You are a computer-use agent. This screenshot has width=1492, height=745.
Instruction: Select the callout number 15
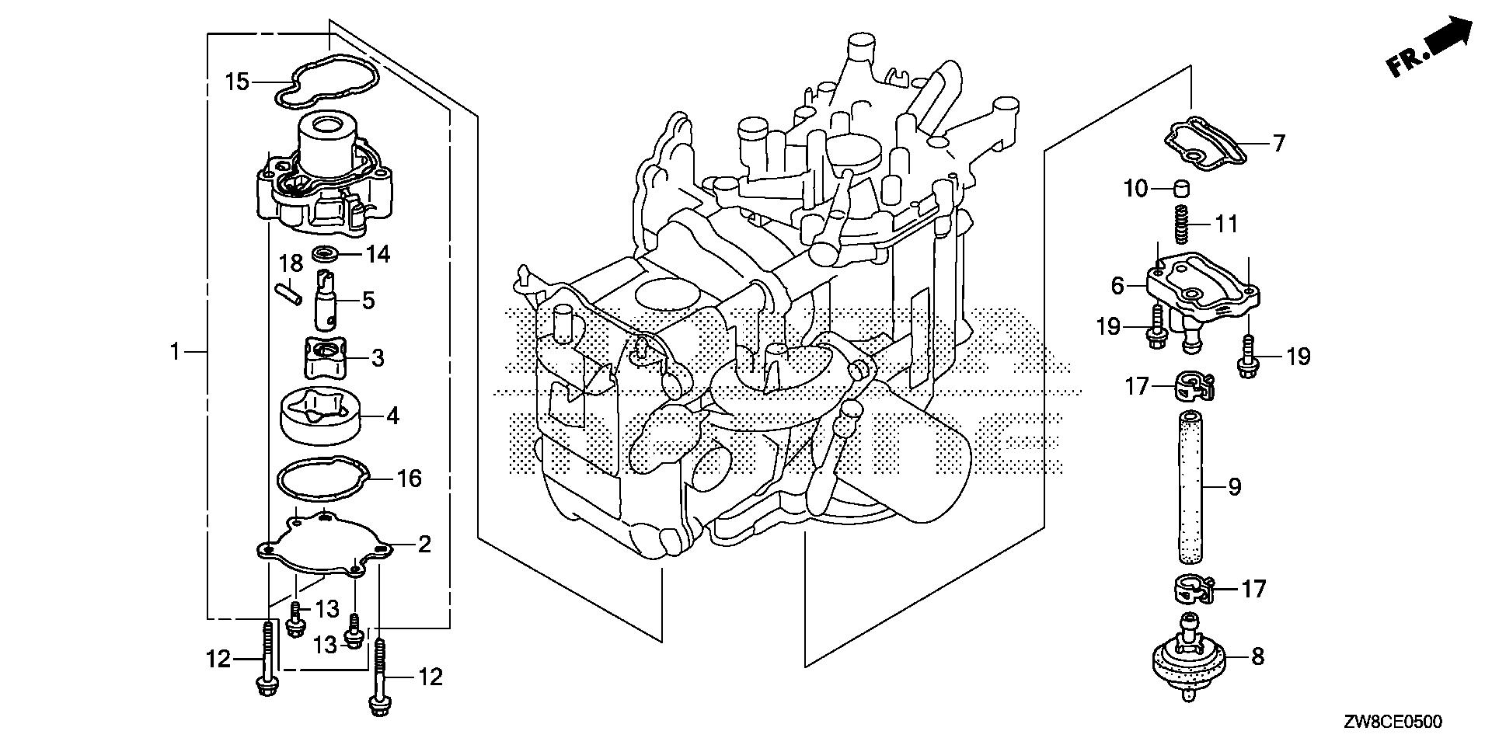point(237,81)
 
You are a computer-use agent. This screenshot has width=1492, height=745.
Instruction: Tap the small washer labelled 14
point(325,253)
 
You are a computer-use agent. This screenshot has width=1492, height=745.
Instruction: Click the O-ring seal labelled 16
point(320,476)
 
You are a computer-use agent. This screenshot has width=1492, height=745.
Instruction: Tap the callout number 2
point(424,544)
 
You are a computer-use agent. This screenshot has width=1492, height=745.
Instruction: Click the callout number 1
point(176,352)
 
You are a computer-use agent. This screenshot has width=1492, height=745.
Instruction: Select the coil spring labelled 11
point(1181,223)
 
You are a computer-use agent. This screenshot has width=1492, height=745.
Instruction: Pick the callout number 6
point(1117,286)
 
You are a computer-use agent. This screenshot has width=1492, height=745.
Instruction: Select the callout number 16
point(410,478)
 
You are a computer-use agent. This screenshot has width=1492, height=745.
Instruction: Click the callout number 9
point(1235,487)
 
